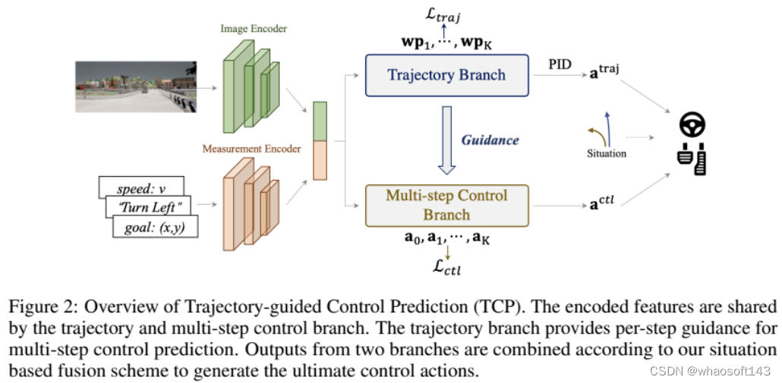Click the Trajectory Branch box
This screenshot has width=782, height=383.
[447, 75]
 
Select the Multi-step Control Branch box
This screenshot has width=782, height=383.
[447, 206]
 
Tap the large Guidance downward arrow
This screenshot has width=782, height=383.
[447, 141]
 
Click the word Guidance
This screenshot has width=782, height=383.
[490, 140]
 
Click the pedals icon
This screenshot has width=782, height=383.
[692, 159]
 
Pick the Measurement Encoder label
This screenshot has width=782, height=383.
[251, 148]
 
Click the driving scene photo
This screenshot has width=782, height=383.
[136, 86]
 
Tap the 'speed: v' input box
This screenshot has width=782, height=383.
[142, 187]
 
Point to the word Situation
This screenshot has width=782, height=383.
[607, 153]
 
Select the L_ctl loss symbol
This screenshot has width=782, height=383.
[447, 269]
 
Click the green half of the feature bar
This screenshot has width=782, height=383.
[320, 121]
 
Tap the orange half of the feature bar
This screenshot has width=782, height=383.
[320, 160]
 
